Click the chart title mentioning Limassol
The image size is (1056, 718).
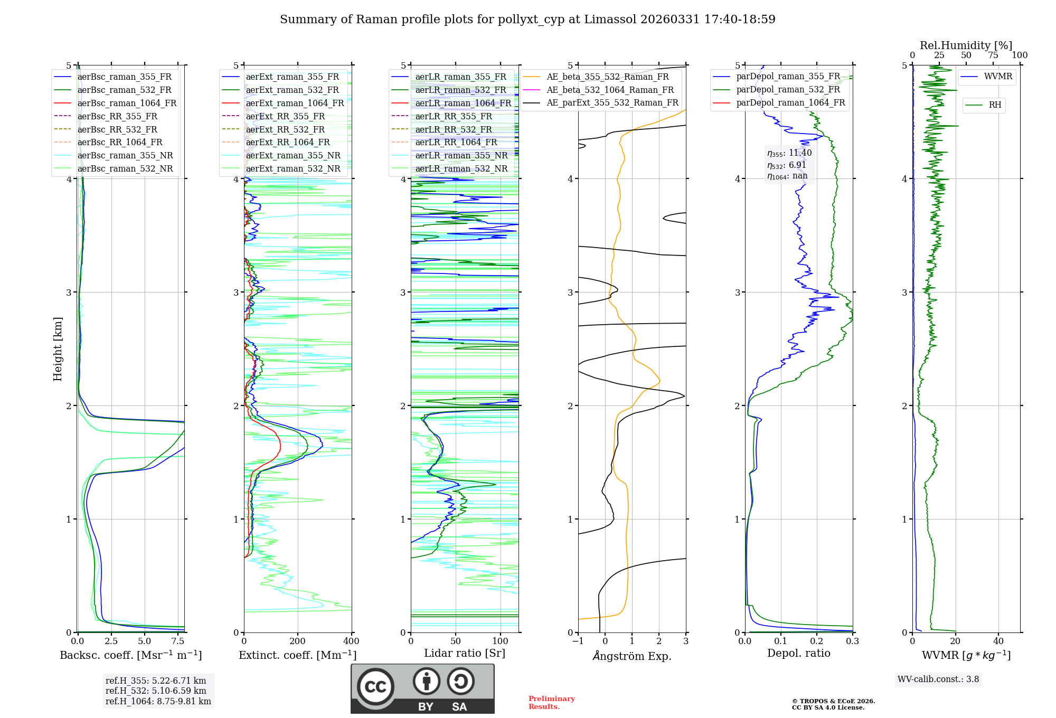coord(527,20)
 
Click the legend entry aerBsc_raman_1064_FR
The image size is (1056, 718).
coord(127,103)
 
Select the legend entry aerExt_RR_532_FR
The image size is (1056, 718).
coord(285,129)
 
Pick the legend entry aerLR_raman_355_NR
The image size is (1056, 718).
coord(461,155)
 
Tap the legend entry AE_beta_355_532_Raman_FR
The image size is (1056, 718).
coord(607,77)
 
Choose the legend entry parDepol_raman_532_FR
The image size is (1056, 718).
coord(788,90)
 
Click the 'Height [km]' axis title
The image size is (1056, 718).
coord(58,348)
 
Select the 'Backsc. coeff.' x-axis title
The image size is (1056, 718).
coord(131,655)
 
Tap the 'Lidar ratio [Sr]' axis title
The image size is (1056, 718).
coord(465,653)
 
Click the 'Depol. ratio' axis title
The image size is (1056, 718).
coord(798,653)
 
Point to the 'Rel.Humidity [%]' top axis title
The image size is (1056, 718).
coord(966,45)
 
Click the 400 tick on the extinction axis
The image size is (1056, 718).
coord(351,641)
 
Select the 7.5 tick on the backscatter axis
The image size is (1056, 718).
coord(178,641)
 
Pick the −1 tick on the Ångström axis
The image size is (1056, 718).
coord(578,641)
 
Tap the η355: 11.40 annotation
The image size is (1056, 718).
coord(789,153)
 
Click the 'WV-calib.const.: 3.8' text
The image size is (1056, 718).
coord(938,679)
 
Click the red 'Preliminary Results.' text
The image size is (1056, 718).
coord(551,702)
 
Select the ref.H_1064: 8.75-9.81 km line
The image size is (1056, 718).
coord(158,701)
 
